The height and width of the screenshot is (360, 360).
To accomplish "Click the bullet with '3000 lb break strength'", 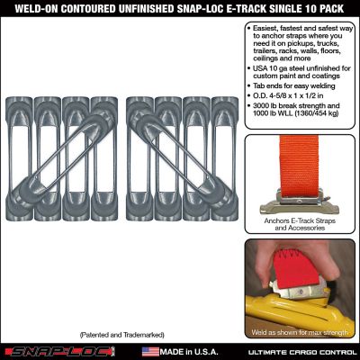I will (301, 115).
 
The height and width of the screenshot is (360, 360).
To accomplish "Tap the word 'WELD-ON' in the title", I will (27, 8).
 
